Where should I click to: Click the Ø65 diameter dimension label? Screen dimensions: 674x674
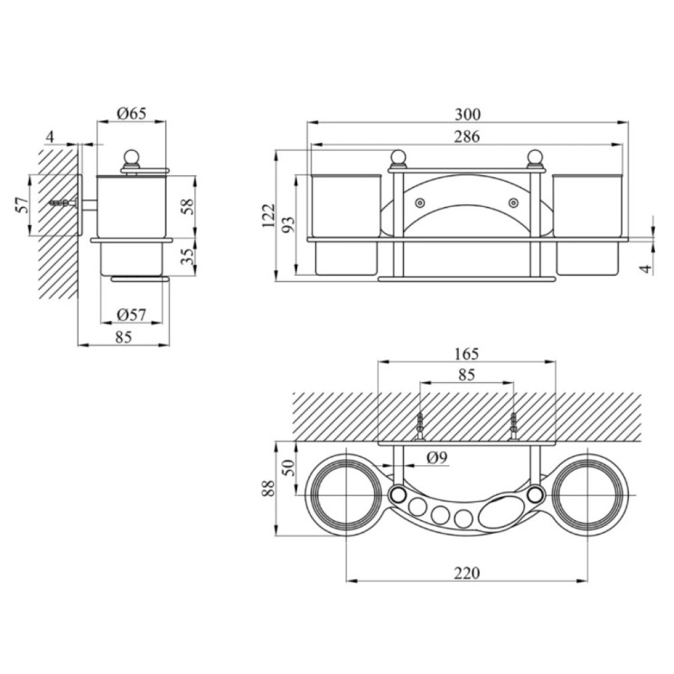(x=131, y=113)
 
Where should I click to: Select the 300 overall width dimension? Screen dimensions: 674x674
(x=468, y=115)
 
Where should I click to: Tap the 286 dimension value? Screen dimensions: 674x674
(x=467, y=137)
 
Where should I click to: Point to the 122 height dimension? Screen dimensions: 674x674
(x=268, y=216)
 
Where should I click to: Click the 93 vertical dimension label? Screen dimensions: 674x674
(x=290, y=224)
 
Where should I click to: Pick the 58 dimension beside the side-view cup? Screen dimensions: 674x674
(x=188, y=207)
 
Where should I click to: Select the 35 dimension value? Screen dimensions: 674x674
(x=188, y=256)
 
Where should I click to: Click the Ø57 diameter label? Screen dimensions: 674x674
(x=131, y=315)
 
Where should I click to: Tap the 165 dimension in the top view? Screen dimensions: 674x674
(x=467, y=354)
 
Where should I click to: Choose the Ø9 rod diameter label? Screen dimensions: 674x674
(x=437, y=458)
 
